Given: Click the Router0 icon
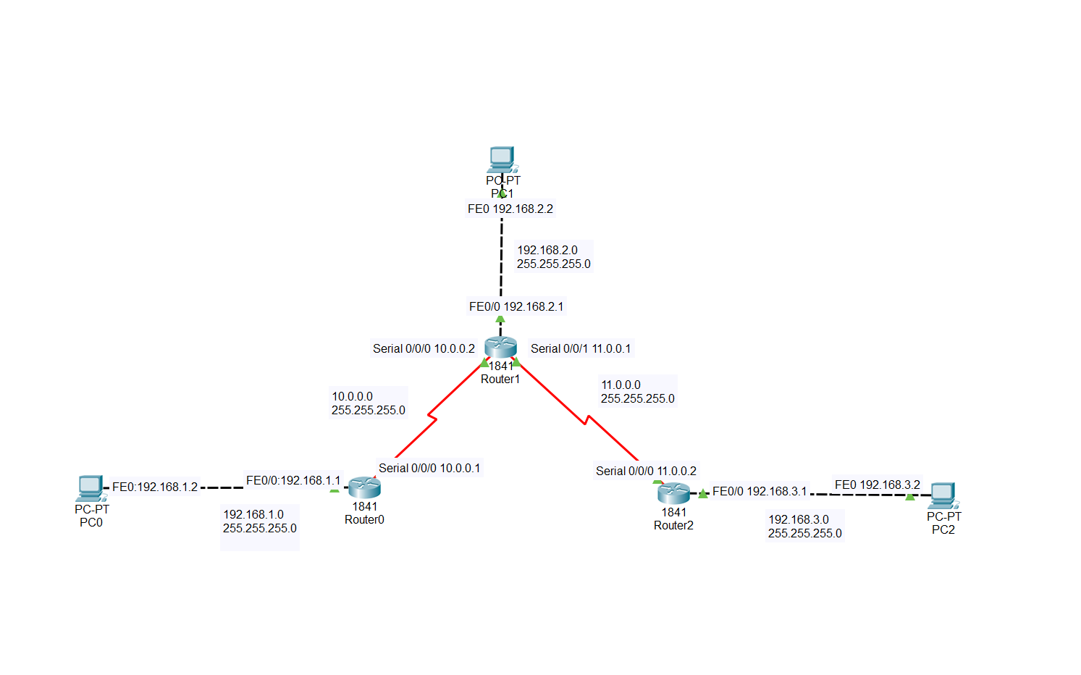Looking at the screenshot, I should coord(364,487).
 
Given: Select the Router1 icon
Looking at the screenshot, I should coord(500,347).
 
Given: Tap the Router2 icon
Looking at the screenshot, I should coord(673,493).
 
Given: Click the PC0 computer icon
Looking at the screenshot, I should coord(90,488).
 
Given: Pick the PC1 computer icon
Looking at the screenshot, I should coord(501,159).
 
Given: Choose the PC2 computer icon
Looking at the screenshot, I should coord(943,495).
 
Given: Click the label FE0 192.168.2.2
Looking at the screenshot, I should coord(510,209).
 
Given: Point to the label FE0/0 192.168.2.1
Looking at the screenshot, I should coord(516,306).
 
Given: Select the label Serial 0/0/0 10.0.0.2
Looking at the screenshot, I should coord(424,348).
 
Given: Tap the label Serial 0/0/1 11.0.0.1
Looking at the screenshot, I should coord(580,348).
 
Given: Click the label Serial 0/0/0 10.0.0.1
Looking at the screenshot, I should coord(429,468).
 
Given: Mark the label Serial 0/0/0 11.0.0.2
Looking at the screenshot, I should coord(646,471).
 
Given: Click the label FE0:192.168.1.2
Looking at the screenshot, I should coord(154,487).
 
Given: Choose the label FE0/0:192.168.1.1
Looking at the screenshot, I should coord(293,480).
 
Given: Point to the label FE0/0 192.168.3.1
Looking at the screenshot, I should coord(759,491).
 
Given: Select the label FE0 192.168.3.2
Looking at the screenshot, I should coord(877,485).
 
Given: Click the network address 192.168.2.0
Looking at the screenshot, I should coord(547,250).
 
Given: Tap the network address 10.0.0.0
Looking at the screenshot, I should coord(352,396).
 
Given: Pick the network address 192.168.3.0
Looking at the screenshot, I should coord(798,519).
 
